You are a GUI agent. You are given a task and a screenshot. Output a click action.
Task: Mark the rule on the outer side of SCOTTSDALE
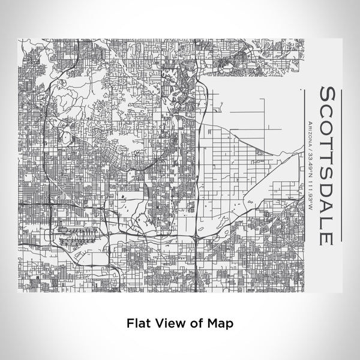click(341, 162)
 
